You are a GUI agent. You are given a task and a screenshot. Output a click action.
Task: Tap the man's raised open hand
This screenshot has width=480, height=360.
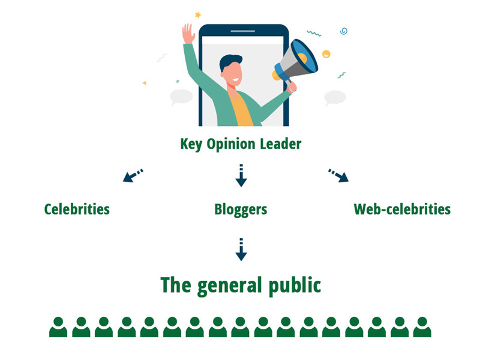188,34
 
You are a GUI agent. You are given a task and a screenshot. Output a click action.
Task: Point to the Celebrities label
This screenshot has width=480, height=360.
77,209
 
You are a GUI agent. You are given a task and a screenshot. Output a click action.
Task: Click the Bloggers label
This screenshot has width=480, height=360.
241,209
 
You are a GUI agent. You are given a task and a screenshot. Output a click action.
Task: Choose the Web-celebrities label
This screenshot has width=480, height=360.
402,209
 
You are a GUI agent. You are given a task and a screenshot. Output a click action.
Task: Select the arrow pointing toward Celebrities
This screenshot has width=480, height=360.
133,175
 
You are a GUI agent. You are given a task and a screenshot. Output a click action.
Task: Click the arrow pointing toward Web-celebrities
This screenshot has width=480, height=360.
338,175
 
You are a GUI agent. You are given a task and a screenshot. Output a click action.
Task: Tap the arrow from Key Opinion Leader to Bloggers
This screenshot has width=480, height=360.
241,175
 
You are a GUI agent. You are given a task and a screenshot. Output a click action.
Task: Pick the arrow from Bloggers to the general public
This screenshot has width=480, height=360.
241,250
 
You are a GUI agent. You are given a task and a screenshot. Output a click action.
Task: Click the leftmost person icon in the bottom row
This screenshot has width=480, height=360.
58,328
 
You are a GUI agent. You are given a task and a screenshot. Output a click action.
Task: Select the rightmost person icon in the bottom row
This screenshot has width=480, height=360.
422,328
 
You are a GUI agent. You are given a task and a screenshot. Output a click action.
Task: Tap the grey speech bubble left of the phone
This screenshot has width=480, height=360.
181,96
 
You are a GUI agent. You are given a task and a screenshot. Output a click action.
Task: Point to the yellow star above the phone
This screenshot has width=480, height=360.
198,14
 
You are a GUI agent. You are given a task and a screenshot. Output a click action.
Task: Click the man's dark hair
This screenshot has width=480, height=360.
232,61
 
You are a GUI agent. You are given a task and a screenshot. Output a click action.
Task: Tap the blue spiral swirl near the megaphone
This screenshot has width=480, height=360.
344,31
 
